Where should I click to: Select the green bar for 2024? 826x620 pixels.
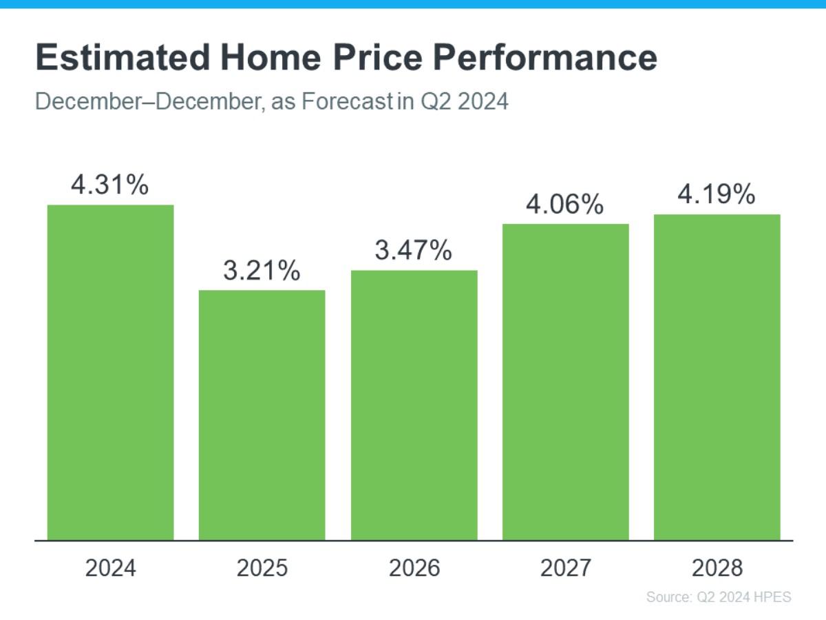pyautogui.click(x=110, y=372)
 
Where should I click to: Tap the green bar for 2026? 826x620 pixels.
pyautogui.click(x=414, y=405)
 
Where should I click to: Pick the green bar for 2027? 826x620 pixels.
pyautogui.click(x=566, y=382)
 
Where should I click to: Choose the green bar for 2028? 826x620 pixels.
pyautogui.click(x=717, y=377)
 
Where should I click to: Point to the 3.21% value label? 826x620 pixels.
pyautogui.click(x=262, y=271)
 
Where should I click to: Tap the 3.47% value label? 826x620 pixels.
pyautogui.click(x=414, y=251)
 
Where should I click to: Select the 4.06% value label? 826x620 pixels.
pyautogui.click(x=566, y=204)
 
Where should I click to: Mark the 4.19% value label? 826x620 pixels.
pyautogui.click(x=717, y=195)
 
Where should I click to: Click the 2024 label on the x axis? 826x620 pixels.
pyautogui.click(x=110, y=568)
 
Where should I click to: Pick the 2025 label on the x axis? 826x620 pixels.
pyautogui.click(x=262, y=568)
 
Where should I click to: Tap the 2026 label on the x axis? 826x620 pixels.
pyautogui.click(x=414, y=568)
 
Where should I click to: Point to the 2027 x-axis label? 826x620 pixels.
pyautogui.click(x=566, y=568)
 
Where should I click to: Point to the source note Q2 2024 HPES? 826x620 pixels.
pyautogui.click(x=719, y=597)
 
